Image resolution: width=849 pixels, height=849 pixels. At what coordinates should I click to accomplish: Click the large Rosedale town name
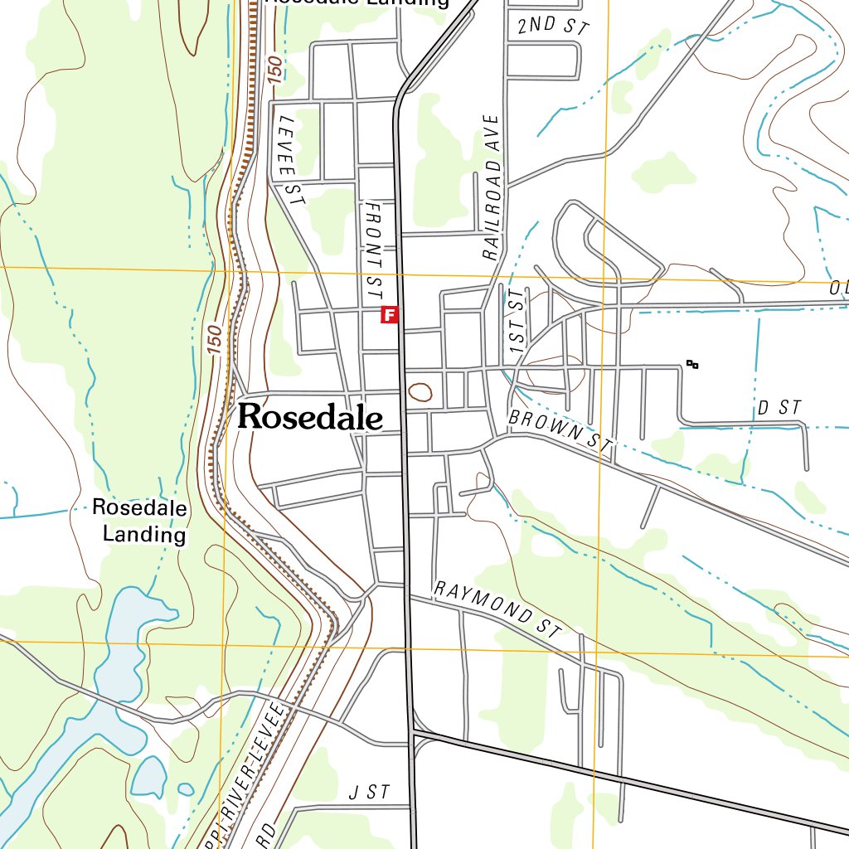(310, 417)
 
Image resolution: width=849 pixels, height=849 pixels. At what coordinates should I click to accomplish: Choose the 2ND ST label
(552, 26)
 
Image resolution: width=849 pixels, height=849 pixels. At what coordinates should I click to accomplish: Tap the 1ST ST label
(518, 324)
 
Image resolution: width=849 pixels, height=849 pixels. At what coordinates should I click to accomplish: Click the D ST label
(779, 407)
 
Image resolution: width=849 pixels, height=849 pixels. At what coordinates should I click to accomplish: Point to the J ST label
(369, 793)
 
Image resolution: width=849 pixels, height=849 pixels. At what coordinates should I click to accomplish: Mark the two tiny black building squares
(692, 364)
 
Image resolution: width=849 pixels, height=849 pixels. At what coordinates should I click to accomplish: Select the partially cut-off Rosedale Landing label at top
(357, 2)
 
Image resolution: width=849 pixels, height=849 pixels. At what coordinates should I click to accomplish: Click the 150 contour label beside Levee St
(275, 71)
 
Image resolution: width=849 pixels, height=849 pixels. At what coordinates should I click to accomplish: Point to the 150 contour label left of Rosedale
(214, 340)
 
